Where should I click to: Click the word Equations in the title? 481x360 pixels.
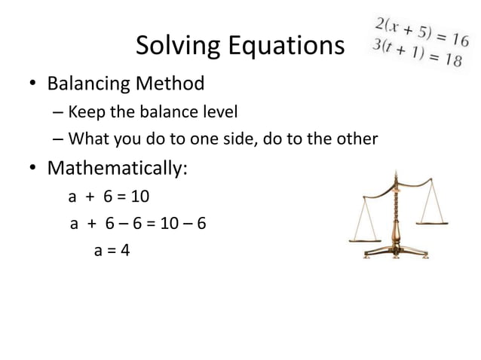(x=283, y=47)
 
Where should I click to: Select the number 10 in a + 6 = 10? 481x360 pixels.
(x=140, y=197)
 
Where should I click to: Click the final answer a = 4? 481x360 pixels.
(x=112, y=250)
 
